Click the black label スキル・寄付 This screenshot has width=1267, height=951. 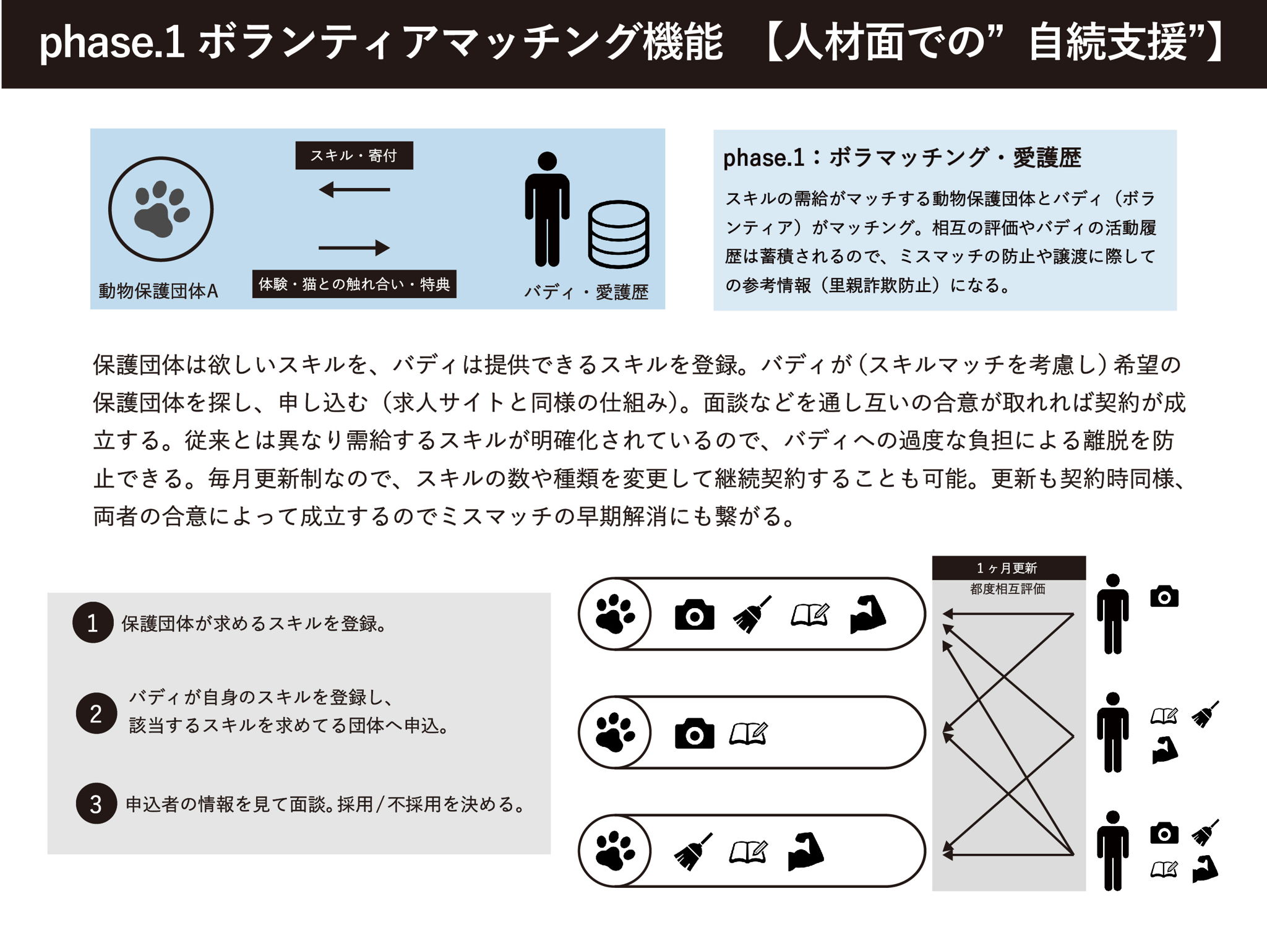pos(354,155)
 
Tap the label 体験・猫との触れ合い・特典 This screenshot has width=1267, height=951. pos(354,284)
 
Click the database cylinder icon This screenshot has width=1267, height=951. pos(618,234)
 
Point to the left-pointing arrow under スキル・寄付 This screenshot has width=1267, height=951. pos(354,189)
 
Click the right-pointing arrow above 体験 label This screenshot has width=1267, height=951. pos(354,248)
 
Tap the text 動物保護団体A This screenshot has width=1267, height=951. pos(158,291)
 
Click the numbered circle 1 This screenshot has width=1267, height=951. pos(93,622)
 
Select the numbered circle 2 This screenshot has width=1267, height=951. pos(96,713)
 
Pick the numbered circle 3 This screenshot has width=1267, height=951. pos(96,804)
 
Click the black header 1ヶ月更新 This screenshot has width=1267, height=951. pos(1008,568)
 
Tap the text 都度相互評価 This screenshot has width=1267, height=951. pos(1008,589)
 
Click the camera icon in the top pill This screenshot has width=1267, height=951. pos(694,614)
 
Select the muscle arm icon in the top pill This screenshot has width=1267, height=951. pos(868,614)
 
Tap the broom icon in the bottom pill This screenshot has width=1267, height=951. pos(693,852)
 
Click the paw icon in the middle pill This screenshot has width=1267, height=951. pos(615,733)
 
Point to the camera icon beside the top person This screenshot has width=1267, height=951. pos(1164,596)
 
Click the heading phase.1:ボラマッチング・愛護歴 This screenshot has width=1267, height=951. pos(902,158)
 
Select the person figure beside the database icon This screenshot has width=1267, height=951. pos(547,209)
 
